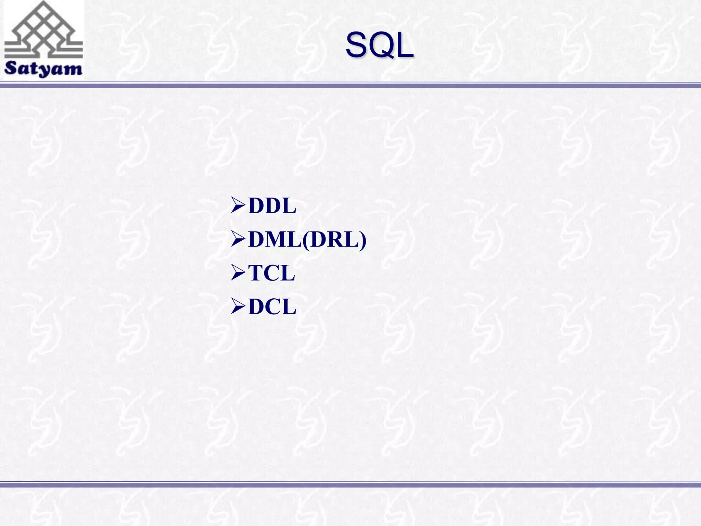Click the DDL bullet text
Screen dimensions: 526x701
272,206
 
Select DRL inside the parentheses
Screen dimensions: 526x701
334,239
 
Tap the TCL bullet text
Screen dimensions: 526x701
271,273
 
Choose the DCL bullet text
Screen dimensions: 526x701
272,306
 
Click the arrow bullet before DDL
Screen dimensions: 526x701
238,206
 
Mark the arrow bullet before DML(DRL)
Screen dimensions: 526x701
238,239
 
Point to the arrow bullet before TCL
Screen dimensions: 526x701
238,273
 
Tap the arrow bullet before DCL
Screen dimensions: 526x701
238,306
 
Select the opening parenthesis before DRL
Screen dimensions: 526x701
306,240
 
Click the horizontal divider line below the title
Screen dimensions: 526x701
350,85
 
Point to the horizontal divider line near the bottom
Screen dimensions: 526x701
350,485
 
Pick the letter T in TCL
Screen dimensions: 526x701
255,273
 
